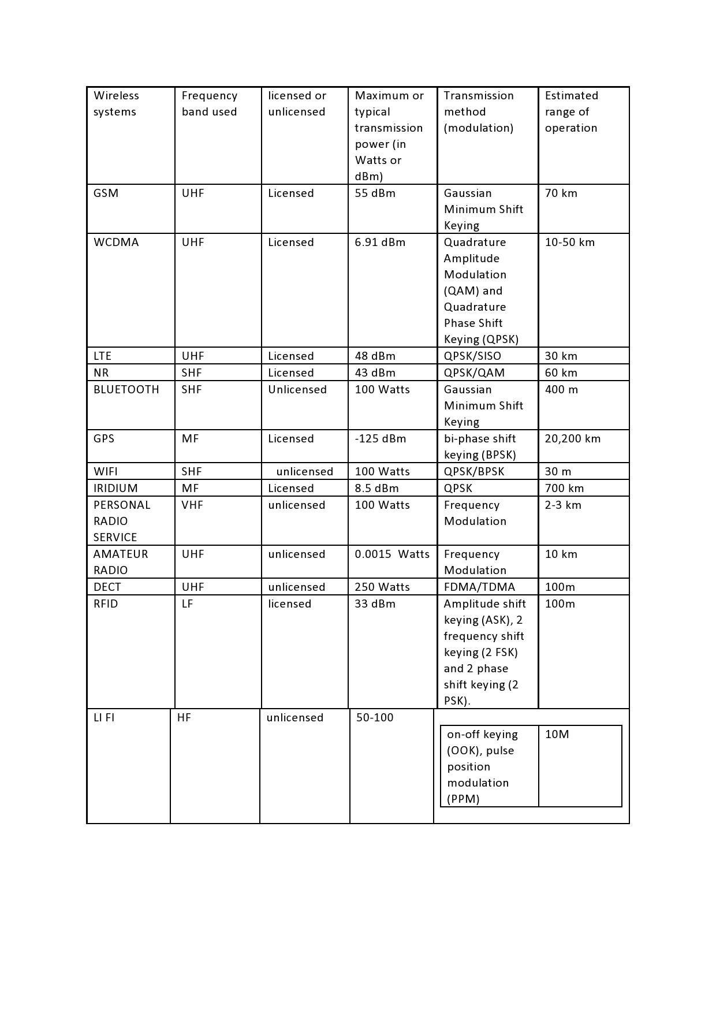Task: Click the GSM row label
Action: (x=106, y=193)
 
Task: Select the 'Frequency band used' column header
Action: (x=209, y=104)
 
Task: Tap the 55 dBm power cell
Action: (x=375, y=193)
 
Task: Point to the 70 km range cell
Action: (x=561, y=193)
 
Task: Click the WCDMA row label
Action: (x=116, y=243)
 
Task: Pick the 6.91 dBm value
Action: (x=380, y=243)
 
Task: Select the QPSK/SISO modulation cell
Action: (x=472, y=356)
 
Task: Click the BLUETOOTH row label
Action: (x=126, y=390)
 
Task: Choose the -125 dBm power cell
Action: (x=381, y=439)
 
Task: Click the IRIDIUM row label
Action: (x=115, y=489)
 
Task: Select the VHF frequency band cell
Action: (x=192, y=505)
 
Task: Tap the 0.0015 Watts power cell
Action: (x=392, y=554)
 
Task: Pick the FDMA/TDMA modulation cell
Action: (x=479, y=587)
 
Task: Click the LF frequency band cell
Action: (x=187, y=604)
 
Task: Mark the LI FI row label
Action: (x=104, y=718)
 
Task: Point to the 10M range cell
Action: (x=557, y=735)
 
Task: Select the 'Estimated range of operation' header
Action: (x=572, y=112)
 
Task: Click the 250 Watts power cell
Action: (x=382, y=587)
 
